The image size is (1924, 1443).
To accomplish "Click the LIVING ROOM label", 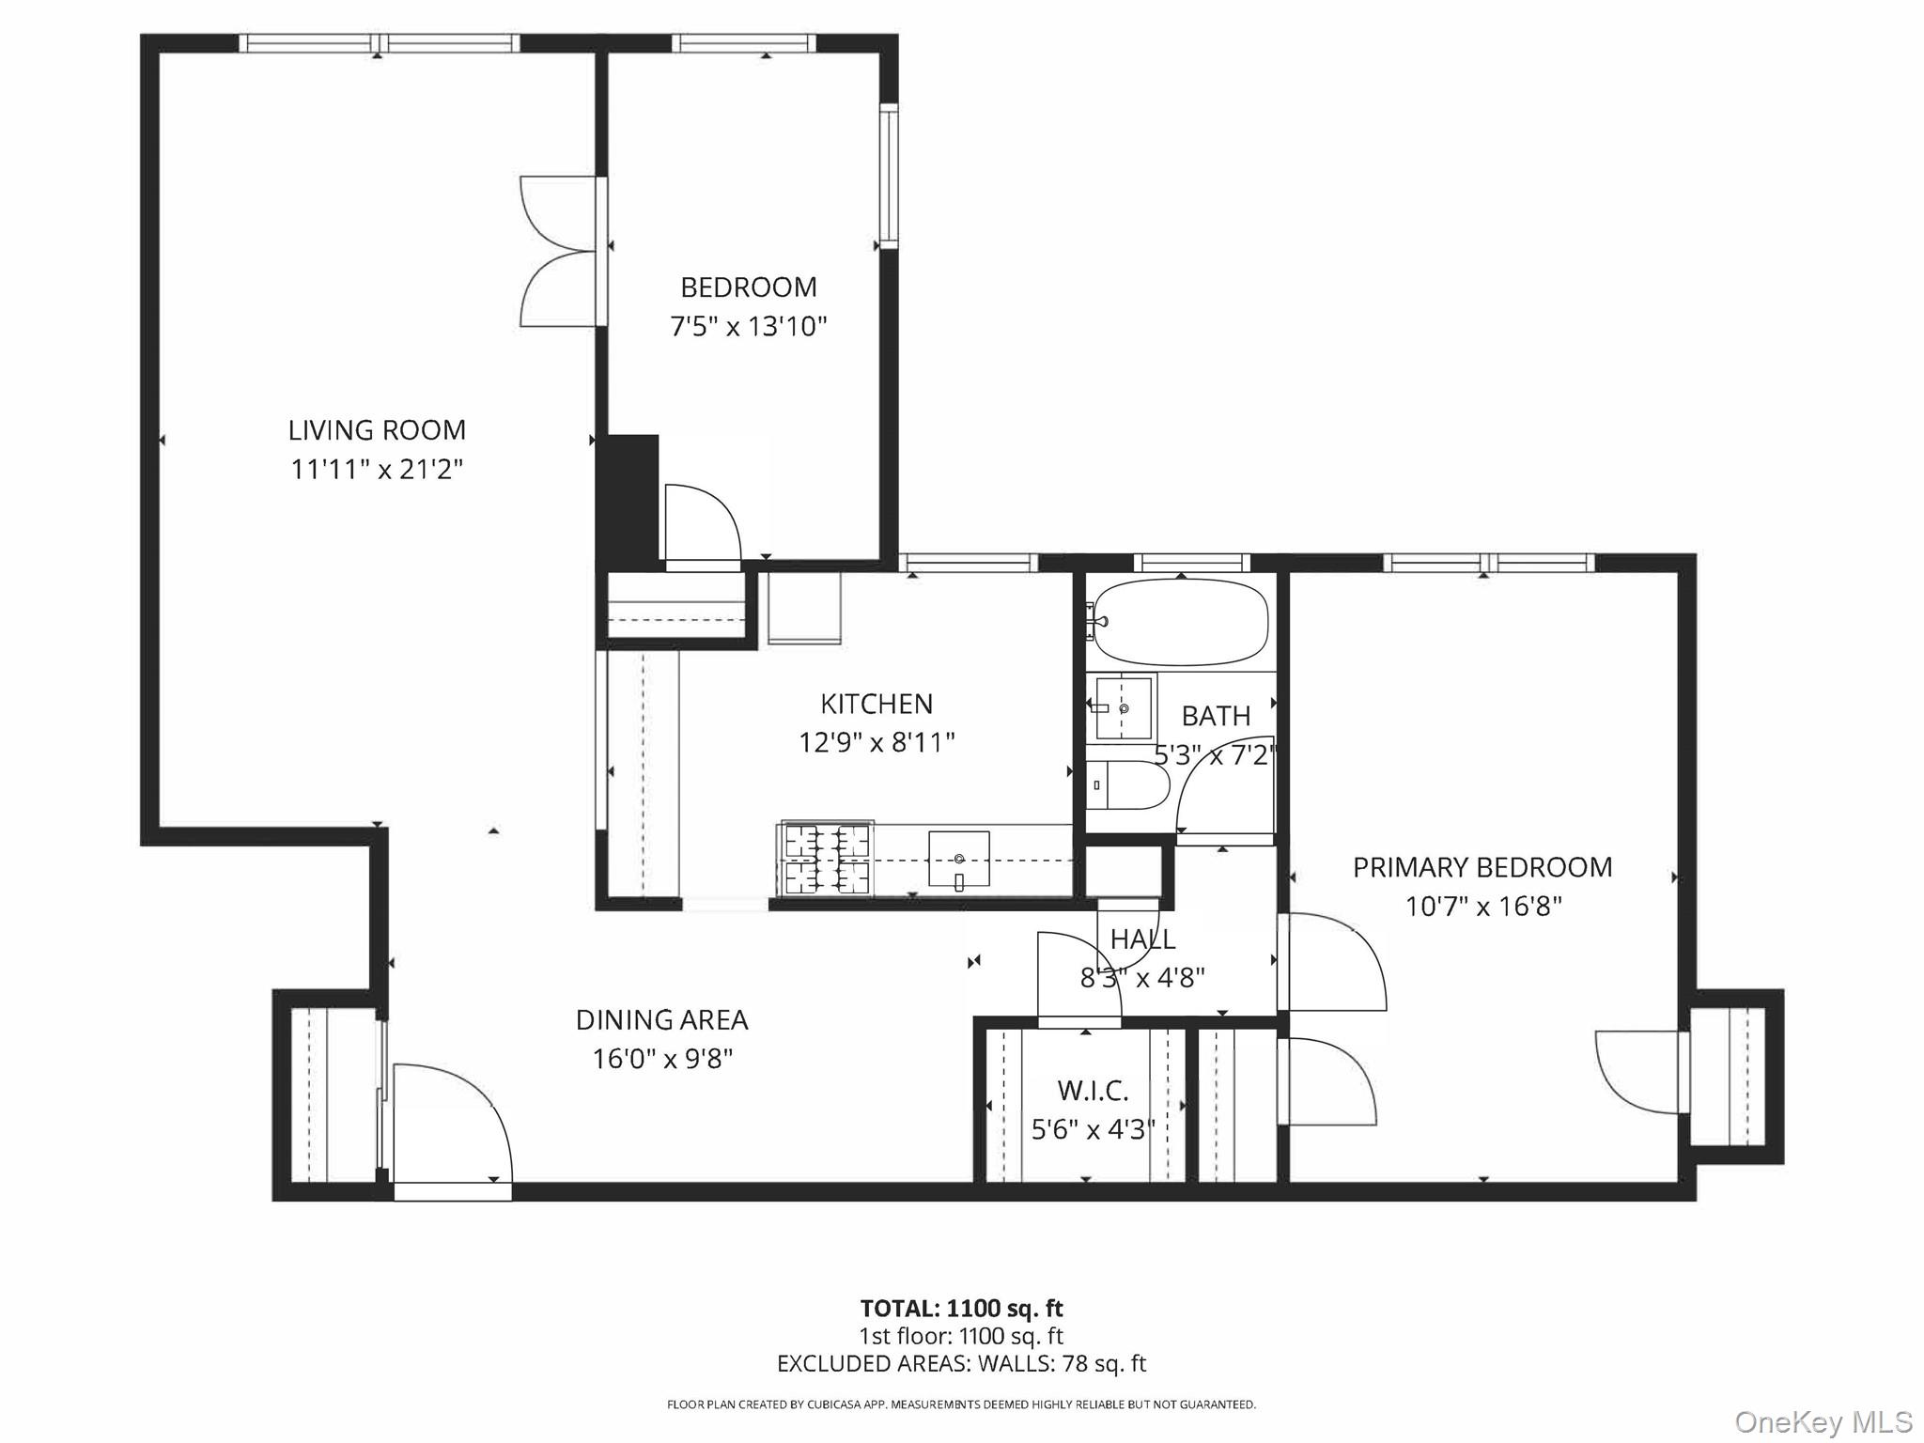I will (377, 430).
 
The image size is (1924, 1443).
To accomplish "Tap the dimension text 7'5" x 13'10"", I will (748, 327).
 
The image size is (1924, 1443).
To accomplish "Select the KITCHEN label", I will (877, 704).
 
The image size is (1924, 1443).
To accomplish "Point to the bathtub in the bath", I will (1182, 622).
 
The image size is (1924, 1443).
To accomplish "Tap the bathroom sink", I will (1123, 708).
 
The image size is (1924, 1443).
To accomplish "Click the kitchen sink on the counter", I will (958, 859).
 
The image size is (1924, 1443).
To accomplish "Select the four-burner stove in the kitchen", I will (826, 859).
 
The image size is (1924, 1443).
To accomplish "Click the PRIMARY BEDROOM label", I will (1482, 867).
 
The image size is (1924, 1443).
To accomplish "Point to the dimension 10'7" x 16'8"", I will (1482, 907).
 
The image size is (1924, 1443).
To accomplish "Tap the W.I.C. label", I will (1093, 1091).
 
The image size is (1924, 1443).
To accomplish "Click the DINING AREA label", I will (661, 1019).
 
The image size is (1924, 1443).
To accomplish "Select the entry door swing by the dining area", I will (451, 1123).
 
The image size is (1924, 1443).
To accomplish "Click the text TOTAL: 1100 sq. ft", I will (961, 1309).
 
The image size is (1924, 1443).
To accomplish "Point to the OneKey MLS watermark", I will (1823, 1421).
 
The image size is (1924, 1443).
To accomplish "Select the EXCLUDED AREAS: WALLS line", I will (961, 1363).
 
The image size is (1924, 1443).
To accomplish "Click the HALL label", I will (1142, 939).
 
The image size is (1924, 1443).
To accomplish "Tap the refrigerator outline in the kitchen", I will (804, 608).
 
